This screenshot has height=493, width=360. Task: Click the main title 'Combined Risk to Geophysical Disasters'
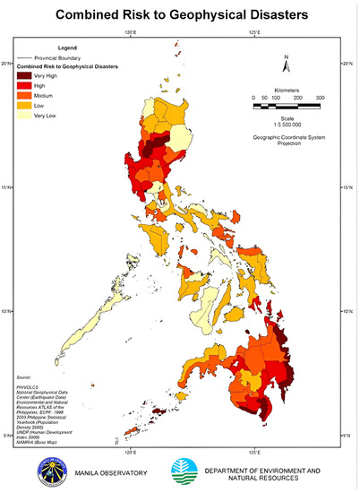pos(180,16)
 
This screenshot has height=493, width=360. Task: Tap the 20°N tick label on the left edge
pos(7,64)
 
